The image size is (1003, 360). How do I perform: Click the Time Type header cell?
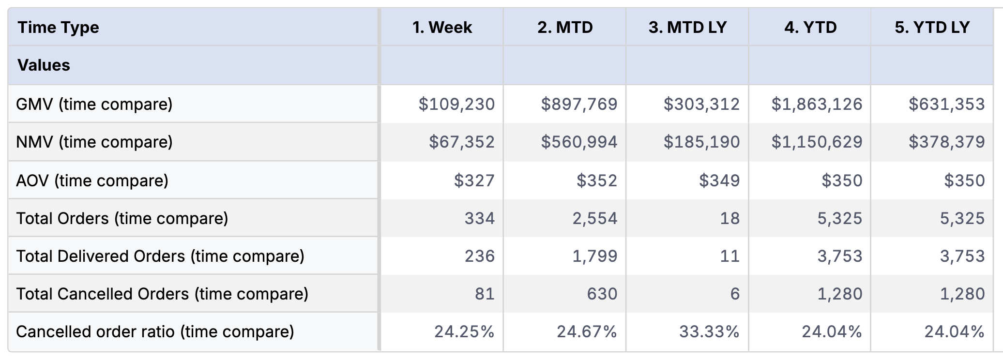(58, 28)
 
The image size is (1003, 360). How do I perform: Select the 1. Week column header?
(442, 28)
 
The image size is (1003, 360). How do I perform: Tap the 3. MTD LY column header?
(687, 28)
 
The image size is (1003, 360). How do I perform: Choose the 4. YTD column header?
(810, 28)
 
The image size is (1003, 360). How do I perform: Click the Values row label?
(44, 65)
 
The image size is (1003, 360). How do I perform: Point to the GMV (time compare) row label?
(94, 104)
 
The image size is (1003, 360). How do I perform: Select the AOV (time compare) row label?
(92, 180)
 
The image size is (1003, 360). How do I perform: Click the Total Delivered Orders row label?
(160, 256)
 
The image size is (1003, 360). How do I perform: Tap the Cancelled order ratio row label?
(155, 331)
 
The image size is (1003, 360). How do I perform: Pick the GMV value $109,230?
(456, 104)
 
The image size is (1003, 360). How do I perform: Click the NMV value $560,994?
(579, 142)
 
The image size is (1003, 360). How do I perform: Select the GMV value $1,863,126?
(817, 104)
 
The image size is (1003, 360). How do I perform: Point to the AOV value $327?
(474, 180)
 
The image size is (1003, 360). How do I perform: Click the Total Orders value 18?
(729, 218)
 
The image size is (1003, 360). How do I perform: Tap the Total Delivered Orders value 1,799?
(595, 256)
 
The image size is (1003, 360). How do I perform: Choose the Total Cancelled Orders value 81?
(485, 294)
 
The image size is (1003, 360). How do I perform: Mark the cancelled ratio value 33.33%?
(709, 331)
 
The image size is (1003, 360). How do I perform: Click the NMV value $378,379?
(946, 142)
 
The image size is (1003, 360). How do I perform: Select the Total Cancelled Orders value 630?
(602, 294)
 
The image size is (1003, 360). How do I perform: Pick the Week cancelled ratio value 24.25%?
(464, 331)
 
